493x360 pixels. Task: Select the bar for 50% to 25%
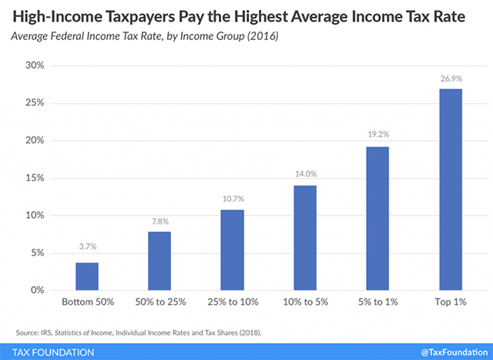click(159, 261)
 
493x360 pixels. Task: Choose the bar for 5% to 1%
click(377, 218)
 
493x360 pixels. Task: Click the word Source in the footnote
click(26, 332)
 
